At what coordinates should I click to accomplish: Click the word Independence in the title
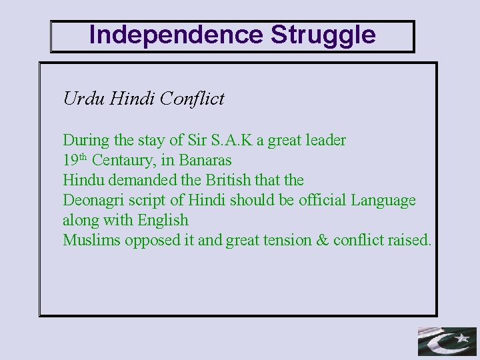(177, 35)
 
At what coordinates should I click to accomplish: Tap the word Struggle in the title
(323, 35)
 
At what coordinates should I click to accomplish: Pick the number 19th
(75, 160)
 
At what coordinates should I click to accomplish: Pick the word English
(163, 220)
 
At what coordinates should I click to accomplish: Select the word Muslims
(89, 240)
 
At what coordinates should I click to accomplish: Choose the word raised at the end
(409, 240)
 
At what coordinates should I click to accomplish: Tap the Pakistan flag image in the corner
(447, 341)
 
